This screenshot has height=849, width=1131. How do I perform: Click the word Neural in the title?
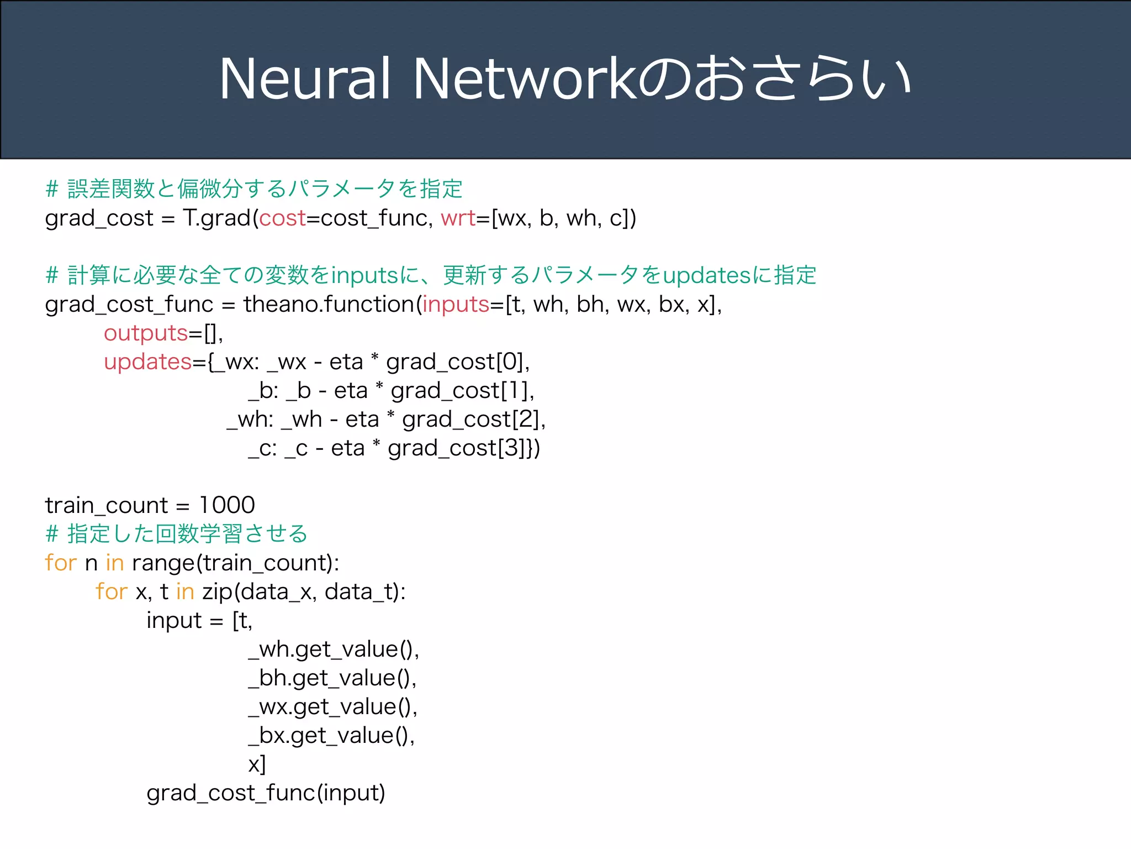(x=305, y=79)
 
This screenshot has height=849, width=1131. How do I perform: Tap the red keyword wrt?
(x=458, y=218)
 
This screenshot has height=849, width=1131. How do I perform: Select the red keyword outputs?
(x=146, y=333)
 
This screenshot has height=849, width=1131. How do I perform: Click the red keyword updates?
(x=147, y=362)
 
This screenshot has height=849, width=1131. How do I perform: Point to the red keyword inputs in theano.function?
(x=456, y=305)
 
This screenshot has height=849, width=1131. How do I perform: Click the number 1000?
(x=227, y=505)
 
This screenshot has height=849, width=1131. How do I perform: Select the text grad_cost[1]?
(x=461, y=391)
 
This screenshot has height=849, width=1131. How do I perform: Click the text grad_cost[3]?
(x=457, y=448)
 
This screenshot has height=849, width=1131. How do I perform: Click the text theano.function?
(x=329, y=305)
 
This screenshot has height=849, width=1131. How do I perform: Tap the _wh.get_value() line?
(x=334, y=649)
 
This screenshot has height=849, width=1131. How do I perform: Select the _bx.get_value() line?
(x=331, y=736)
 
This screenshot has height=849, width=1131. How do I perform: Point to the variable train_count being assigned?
(x=106, y=505)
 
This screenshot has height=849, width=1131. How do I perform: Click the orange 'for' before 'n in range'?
(x=61, y=563)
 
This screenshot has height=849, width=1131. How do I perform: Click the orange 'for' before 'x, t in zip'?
(x=111, y=591)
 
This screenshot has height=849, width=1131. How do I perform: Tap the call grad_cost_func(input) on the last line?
(x=266, y=793)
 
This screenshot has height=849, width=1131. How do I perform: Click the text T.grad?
(x=217, y=218)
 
